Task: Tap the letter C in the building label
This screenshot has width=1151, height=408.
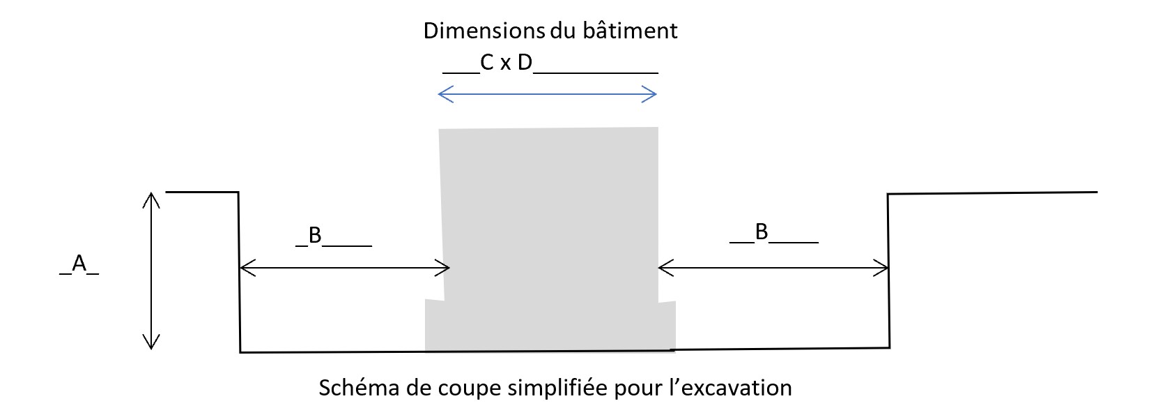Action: pyautogui.click(x=487, y=63)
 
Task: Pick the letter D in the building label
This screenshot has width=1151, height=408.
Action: pyautogui.click(x=525, y=63)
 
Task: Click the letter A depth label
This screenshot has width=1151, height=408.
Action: pyautogui.click(x=79, y=263)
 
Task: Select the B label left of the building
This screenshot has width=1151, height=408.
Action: pyautogui.click(x=315, y=236)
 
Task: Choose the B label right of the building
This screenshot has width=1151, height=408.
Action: pyautogui.click(x=762, y=232)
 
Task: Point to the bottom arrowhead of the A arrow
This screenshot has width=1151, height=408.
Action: pyautogui.click(x=151, y=342)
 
